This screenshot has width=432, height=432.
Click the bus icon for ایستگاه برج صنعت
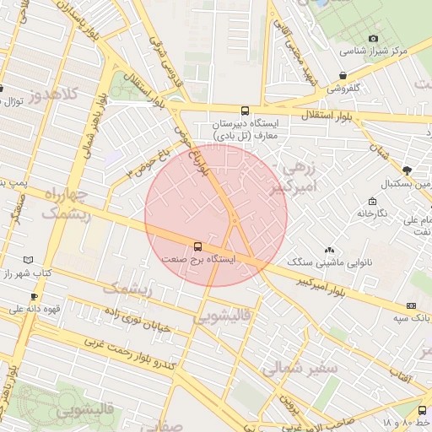pyautogui.click(x=198, y=246)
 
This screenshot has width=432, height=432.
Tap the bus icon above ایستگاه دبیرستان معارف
pyautogui.click(x=245, y=111)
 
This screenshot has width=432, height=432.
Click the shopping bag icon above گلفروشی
pyautogui.click(x=342, y=75)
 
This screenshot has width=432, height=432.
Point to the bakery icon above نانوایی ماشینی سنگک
pyautogui.click(x=329, y=250)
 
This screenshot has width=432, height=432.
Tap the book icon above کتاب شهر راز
pyautogui.click(x=30, y=261)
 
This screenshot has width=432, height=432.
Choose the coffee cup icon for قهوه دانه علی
pyautogui.click(x=34, y=296)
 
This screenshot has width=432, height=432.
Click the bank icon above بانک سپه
pyautogui.click(x=411, y=305)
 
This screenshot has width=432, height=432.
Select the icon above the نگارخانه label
pyautogui.click(x=372, y=201)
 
